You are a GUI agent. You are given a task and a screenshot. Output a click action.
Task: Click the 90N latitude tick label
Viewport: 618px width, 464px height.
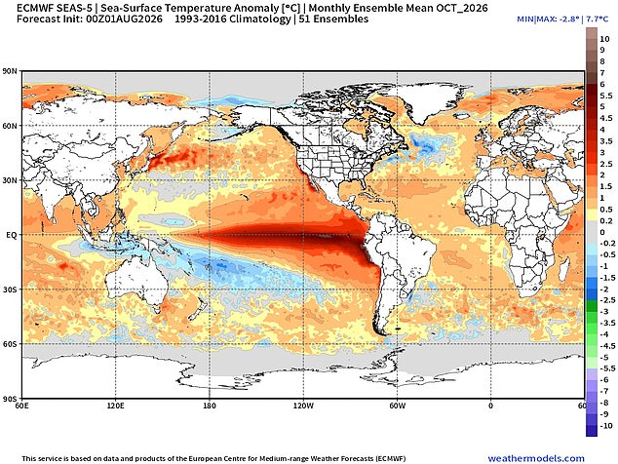coord(11,72)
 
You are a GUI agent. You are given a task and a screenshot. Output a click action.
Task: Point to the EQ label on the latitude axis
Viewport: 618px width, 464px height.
coord(11,235)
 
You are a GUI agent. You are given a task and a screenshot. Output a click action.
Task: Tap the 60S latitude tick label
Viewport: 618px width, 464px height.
coord(11,344)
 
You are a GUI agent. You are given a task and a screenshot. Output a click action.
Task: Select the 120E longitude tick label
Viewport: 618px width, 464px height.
coord(115,406)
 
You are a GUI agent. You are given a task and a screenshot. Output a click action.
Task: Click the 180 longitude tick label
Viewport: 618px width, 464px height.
coord(210,406)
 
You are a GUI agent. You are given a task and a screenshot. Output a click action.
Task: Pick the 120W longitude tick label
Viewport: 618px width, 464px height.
coord(303,406)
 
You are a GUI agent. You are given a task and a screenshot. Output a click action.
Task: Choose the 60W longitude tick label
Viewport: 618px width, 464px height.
coord(398,406)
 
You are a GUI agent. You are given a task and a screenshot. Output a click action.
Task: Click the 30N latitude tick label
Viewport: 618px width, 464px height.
coord(11,180)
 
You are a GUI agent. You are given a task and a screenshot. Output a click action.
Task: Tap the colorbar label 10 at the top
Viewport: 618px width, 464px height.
coord(604,39)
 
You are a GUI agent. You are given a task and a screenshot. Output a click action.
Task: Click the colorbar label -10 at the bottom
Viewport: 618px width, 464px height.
coord(605,426)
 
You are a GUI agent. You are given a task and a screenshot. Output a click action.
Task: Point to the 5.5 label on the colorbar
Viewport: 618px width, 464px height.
coord(606,96)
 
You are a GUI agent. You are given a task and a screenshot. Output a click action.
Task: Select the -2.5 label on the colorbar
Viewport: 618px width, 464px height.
coord(607,300)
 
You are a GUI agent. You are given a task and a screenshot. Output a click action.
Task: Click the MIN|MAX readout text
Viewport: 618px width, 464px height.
coord(562,19)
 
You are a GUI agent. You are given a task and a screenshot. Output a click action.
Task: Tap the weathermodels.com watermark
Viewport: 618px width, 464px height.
coord(536,458)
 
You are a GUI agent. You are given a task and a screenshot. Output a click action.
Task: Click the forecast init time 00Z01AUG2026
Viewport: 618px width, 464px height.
coord(124,19)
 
